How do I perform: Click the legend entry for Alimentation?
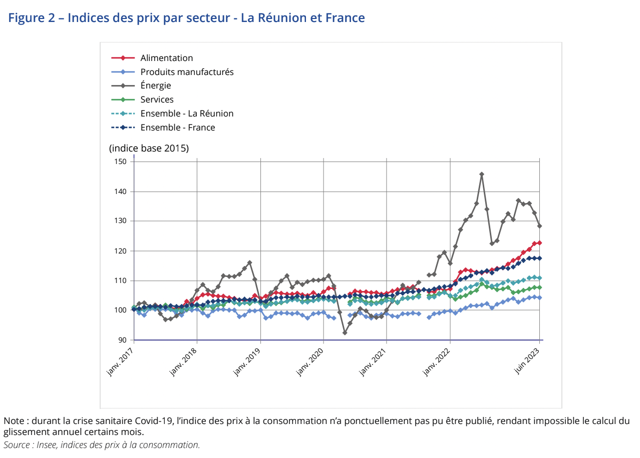[x=166, y=58]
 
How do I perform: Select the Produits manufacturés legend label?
[x=187, y=72]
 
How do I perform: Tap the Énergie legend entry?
[x=155, y=86]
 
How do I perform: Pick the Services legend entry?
[x=157, y=100]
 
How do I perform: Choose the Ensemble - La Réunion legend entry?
[x=187, y=113]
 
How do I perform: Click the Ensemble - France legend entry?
[x=177, y=127]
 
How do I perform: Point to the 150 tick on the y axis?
[x=120, y=161]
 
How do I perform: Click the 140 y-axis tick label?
[x=120, y=191]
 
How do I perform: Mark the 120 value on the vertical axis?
[x=120, y=250]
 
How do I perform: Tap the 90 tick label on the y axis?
[x=122, y=340]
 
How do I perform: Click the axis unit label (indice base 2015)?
[x=149, y=148]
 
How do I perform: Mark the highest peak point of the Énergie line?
[x=481, y=174]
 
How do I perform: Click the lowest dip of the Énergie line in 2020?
[x=345, y=332]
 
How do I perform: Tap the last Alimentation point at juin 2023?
[x=539, y=243]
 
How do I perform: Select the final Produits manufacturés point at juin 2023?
[x=539, y=297]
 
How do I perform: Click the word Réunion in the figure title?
[x=284, y=18]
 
